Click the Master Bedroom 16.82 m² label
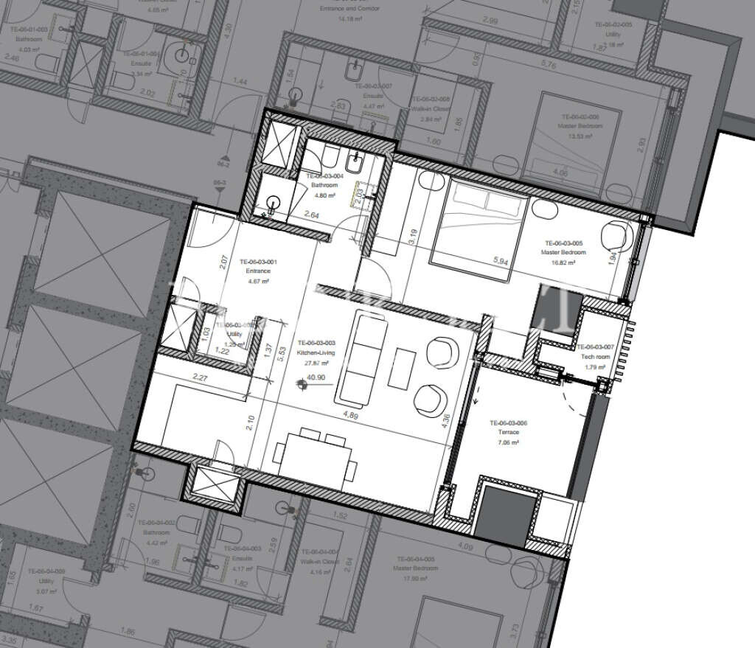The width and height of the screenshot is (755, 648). [x=564, y=247]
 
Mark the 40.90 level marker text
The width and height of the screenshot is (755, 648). [x=316, y=377]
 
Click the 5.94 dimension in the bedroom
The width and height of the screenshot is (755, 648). [x=501, y=260]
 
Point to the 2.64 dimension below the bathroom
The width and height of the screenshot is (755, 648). [x=311, y=215]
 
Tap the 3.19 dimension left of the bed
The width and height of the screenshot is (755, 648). [x=413, y=237]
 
